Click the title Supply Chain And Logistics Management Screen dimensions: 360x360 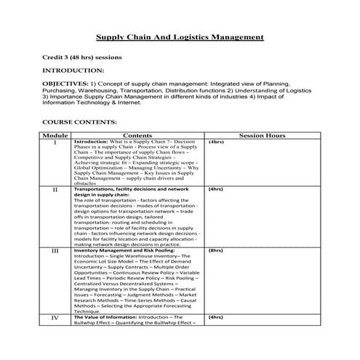point(180,37)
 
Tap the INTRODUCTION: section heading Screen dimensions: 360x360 point(73,71)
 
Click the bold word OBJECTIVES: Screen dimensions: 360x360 point(66,84)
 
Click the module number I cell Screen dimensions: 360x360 point(55,143)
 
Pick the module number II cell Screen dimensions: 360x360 point(55,191)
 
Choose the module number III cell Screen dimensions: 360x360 point(55,251)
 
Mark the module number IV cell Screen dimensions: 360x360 point(55,317)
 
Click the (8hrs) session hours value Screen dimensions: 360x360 point(215,250)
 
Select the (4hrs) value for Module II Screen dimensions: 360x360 point(215,190)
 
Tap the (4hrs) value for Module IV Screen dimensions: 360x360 point(215,317)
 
